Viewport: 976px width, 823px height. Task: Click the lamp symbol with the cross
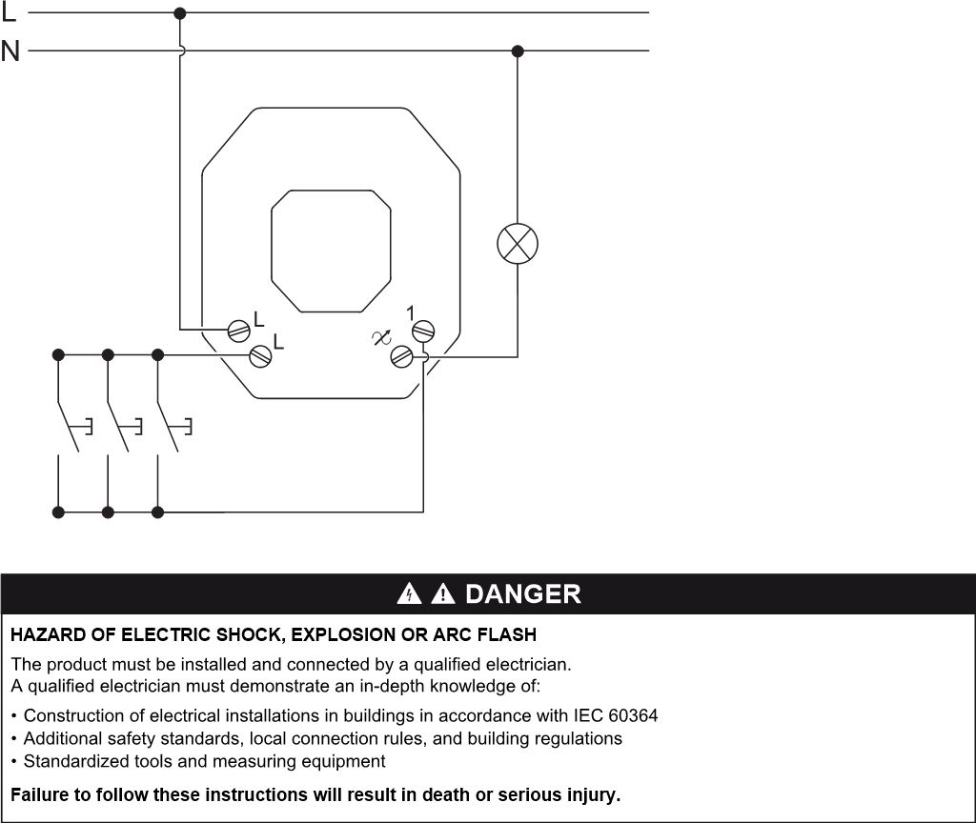click(518, 243)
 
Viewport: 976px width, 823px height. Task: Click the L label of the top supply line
click(8, 11)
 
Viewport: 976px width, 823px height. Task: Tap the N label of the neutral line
click(10, 50)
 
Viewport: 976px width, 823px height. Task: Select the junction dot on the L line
click(180, 13)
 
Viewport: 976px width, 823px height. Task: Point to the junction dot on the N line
click(518, 51)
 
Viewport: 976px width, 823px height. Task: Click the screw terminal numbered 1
click(423, 331)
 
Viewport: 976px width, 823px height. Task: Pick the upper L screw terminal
click(239, 331)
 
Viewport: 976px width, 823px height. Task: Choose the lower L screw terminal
click(260, 356)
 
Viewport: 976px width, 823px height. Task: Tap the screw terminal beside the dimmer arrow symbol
click(401, 356)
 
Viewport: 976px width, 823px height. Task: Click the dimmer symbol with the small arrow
click(381, 337)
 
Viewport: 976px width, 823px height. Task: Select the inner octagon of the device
click(331, 251)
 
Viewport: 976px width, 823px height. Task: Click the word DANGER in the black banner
click(523, 594)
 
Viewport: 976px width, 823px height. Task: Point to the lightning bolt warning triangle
click(409, 593)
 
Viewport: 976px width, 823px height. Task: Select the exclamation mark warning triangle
click(442, 593)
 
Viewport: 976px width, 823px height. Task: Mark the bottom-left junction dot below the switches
click(58, 512)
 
